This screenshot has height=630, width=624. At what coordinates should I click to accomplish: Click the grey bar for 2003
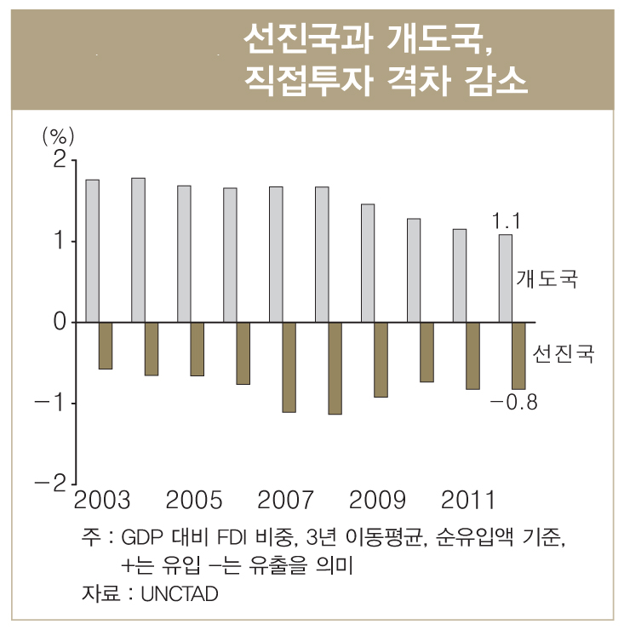(x=93, y=251)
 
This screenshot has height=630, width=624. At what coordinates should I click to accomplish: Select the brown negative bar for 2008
(x=335, y=368)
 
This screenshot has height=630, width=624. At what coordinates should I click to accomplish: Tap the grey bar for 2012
(x=506, y=278)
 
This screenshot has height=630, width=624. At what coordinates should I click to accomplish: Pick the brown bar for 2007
(x=289, y=367)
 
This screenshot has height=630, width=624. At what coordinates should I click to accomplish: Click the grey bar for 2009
(x=368, y=263)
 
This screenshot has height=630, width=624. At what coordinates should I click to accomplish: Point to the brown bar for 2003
(x=106, y=346)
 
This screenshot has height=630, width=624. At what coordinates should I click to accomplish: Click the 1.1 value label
(x=506, y=221)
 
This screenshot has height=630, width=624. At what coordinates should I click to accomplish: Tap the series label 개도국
(x=547, y=278)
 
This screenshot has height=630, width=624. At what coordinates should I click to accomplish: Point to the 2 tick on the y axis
(x=59, y=160)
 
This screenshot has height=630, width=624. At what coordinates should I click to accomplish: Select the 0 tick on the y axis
(x=59, y=322)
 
